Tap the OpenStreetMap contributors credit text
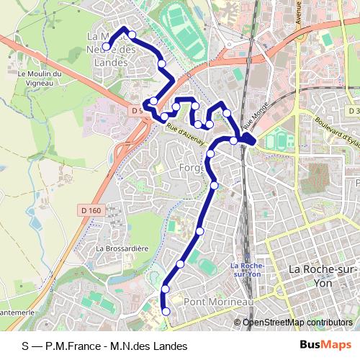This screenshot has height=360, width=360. (x=297, y=322)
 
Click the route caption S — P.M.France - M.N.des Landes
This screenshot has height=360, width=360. (x=104, y=346)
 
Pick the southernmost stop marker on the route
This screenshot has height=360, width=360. (x=167, y=311)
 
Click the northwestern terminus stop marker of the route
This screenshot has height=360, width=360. (x=106, y=47)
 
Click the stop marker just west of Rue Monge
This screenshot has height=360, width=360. (x=235, y=140)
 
